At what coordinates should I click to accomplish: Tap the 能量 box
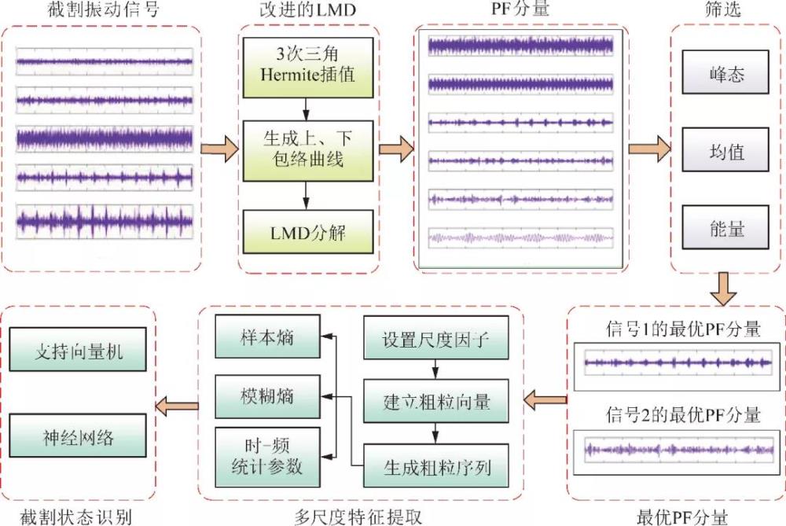click(x=724, y=227)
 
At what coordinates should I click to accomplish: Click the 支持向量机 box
click(x=79, y=350)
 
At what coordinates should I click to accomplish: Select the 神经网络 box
click(x=79, y=438)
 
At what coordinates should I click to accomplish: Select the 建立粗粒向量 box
click(x=435, y=402)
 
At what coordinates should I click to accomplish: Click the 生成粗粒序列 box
click(x=435, y=467)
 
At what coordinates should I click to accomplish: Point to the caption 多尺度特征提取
click(x=359, y=515)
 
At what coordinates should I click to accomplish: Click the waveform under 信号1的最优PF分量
click(x=678, y=363)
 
